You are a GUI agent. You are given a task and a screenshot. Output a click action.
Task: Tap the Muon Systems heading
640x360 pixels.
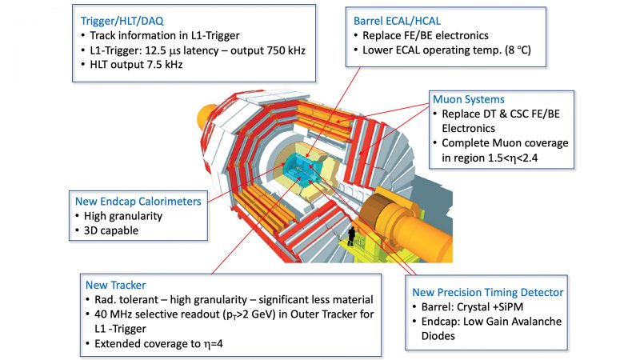coord(468,100)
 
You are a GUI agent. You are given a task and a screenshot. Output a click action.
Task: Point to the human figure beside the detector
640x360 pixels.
coord(351,236)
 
